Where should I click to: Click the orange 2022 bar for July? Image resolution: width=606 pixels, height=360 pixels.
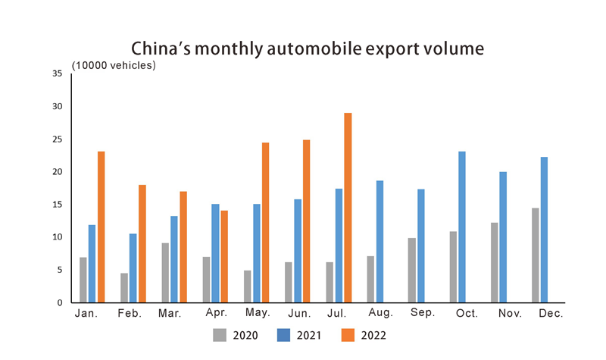(x=348, y=208)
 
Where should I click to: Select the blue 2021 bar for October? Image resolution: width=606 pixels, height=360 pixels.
(x=462, y=227)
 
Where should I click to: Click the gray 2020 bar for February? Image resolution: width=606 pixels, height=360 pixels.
(x=124, y=288)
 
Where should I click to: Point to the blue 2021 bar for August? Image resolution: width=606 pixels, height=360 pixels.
(x=380, y=242)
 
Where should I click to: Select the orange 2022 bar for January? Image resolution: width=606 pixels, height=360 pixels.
(x=101, y=227)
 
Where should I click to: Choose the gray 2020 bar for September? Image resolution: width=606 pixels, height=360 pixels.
(x=412, y=270)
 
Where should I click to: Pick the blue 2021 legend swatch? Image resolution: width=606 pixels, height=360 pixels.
(x=282, y=334)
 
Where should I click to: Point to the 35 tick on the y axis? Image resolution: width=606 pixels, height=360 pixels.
(x=58, y=74)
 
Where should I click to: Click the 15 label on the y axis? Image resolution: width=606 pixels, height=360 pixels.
(x=58, y=205)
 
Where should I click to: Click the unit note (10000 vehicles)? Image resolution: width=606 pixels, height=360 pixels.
(x=114, y=66)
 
